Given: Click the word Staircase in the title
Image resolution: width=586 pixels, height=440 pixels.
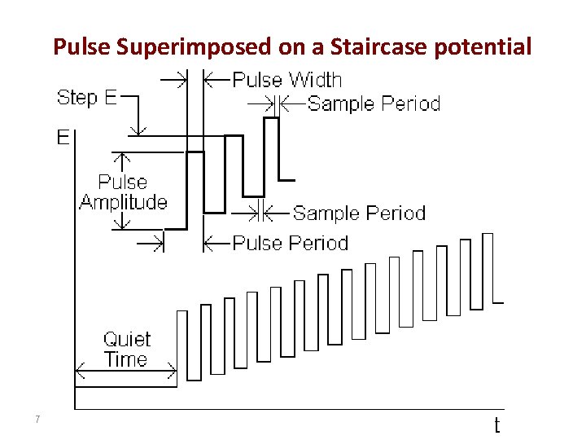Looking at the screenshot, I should (x=381, y=46).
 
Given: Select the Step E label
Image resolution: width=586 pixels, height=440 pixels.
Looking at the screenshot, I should (x=86, y=98).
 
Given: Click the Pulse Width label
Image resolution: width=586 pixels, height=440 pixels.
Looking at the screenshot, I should (x=286, y=80).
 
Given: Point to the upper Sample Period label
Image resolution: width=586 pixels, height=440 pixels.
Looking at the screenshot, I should (x=374, y=103).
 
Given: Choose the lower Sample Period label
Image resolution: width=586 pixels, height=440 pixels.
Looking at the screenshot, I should (x=359, y=213).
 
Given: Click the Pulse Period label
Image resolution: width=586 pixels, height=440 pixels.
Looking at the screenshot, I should (x=290, y=243).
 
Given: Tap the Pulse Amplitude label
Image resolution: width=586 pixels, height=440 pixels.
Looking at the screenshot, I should (x=123, y=192).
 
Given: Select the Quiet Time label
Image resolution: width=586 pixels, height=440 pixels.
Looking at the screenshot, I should (x=126, y=349).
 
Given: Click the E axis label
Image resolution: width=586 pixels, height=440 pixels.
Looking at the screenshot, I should (x=63, y=137).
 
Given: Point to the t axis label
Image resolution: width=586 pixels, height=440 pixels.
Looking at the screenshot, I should (x=496, y=425).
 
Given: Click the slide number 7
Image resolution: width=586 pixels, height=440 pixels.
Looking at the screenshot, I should (x=37, y=420).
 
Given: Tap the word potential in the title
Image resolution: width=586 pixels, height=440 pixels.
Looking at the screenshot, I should (x=483, y=47).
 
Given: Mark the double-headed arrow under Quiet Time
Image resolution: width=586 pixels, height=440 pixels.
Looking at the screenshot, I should (x=125, y=373).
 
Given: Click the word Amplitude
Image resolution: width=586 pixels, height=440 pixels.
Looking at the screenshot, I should (x=123, y=202).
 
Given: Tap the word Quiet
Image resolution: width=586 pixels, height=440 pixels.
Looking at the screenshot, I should (x=127, y=339).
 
